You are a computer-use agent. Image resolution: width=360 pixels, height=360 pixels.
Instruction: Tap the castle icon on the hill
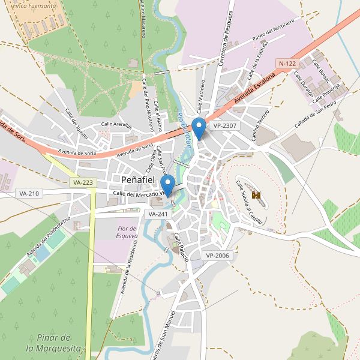257,195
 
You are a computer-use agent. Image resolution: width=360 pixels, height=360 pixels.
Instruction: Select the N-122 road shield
287,63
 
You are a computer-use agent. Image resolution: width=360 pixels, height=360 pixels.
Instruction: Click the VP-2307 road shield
225,126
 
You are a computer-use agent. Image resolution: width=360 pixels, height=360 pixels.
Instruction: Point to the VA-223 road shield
82,182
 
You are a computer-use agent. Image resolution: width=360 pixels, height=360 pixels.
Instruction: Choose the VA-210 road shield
29,193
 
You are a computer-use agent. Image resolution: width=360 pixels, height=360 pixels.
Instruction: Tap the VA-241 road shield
158,214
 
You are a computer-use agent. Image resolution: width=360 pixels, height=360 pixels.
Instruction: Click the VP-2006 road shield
217,256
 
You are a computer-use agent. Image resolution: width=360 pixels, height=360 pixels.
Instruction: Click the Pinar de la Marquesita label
53,342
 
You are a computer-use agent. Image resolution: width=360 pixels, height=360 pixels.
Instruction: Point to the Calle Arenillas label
116,125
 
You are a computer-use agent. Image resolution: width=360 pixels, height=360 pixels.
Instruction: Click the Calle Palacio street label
182,248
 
